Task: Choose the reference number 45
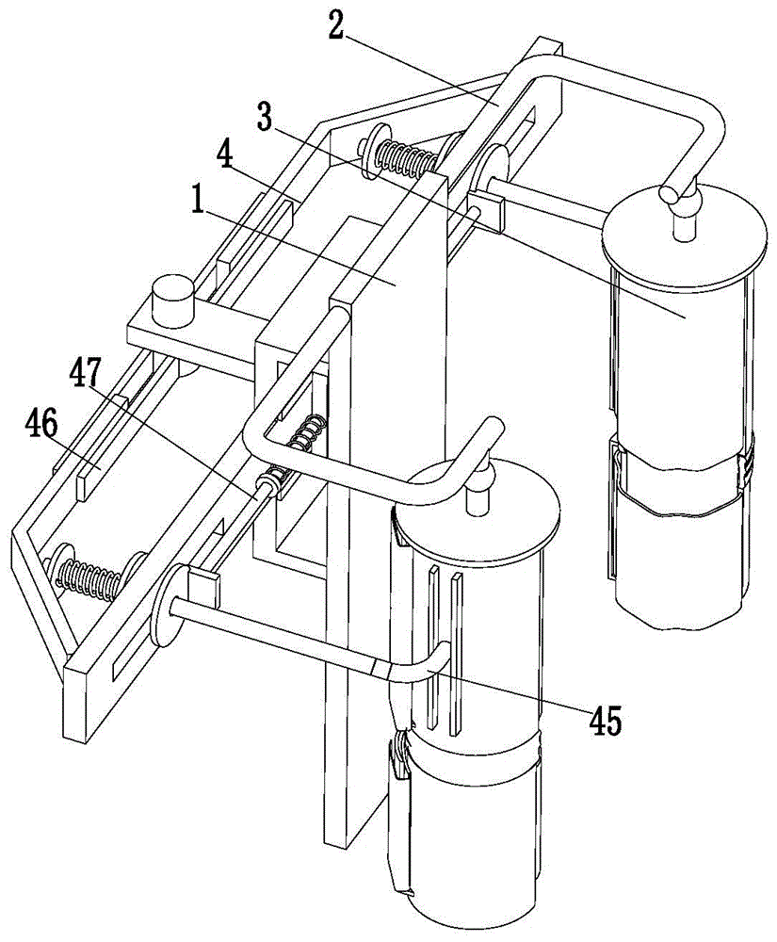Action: pyautogui.click(x=604, y=721)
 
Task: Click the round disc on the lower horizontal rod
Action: pyautogui.click(x=166, y=605)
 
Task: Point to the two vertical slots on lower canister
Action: pyautogui.click(x=444, y=650)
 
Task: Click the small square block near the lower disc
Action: pyautogui.click(x=203, y=586)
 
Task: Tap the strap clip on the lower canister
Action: pyautogui.click(x=400, y=759)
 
